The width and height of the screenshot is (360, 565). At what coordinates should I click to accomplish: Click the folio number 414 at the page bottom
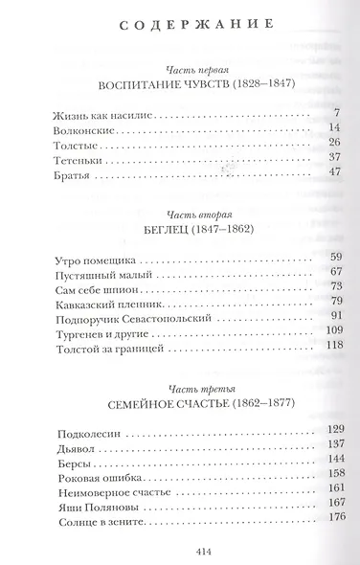coord(181,551)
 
